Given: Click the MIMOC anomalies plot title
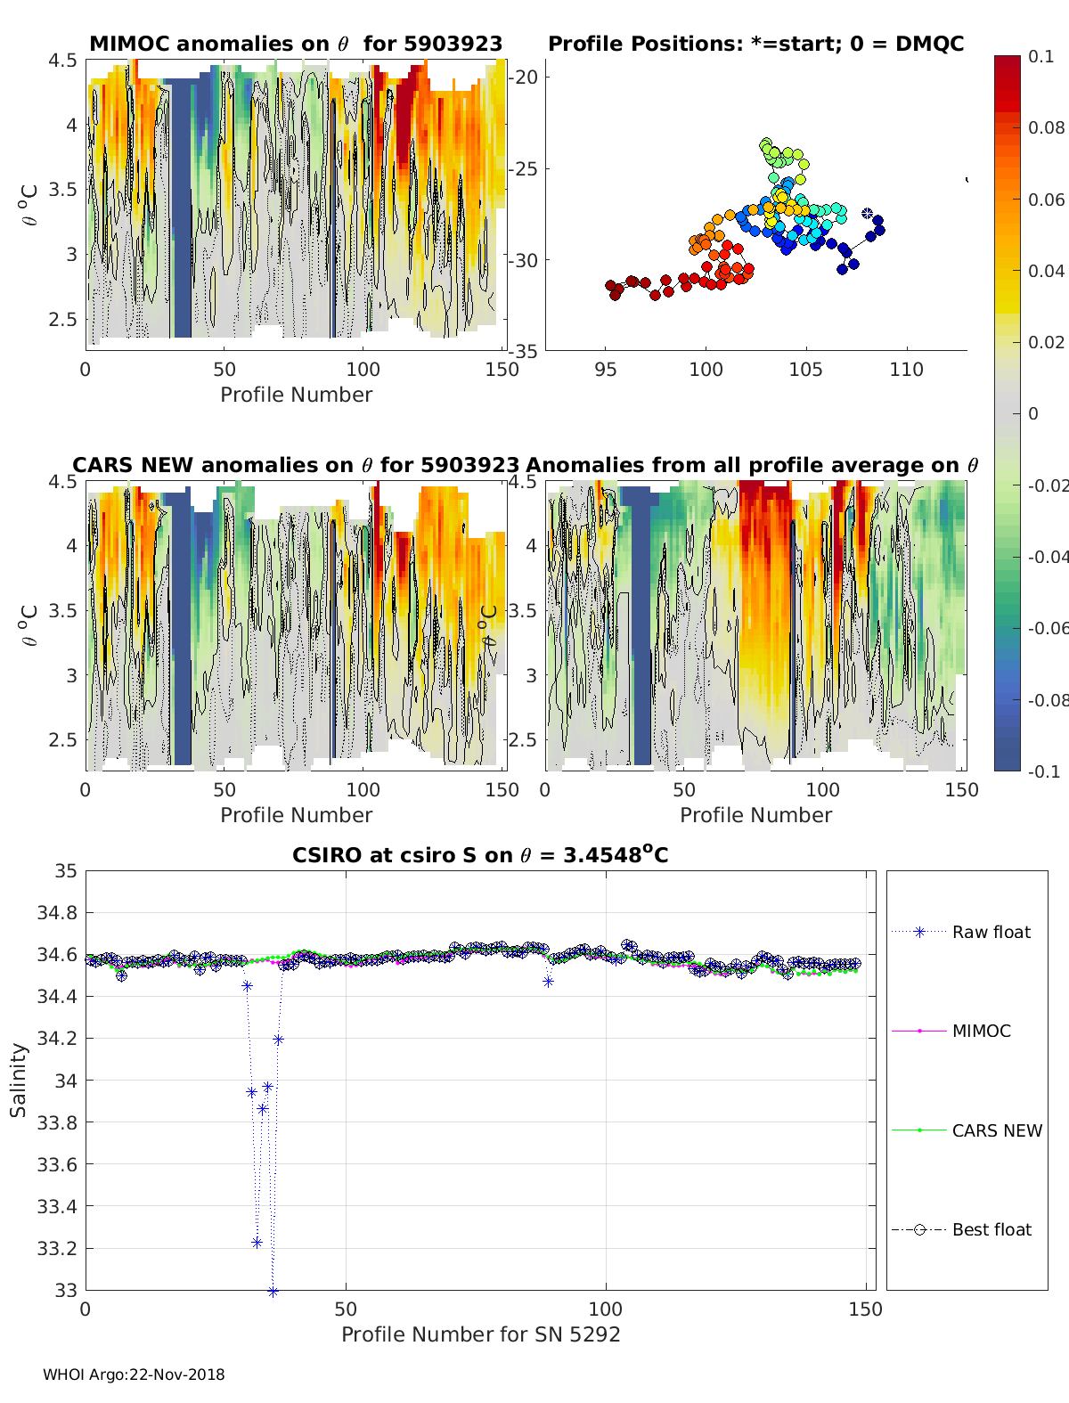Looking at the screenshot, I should (x=296, y=44).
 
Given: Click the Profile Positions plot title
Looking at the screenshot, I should (x=755, y=44).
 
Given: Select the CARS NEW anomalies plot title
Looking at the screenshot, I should (x=295, y=465).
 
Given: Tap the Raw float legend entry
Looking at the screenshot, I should (x=991, y=932).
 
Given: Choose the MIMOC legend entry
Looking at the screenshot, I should (x=981, y=1031).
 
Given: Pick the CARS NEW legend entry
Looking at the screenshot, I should (x=996, y=1130).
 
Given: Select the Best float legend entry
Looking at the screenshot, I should (x=991, y=1229).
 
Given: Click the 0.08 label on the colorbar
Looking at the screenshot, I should (x=1046, y=127).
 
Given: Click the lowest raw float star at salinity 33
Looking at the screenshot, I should (x=273, y=1291).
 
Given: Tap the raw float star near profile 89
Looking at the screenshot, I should (x=548, y=982).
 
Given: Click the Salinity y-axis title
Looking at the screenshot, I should (x=19, y=1080).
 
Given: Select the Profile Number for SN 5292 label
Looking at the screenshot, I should (x=480, y=1334).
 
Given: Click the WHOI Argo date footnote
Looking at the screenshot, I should (x=134, y=1374).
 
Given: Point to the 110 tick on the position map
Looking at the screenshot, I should (x=906, y=369).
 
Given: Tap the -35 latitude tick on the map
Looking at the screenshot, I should (x=525, y=351).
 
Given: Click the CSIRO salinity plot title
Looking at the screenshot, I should (x=480, y=855).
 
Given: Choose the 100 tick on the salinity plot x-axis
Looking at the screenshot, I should (x=606, y=1309).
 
